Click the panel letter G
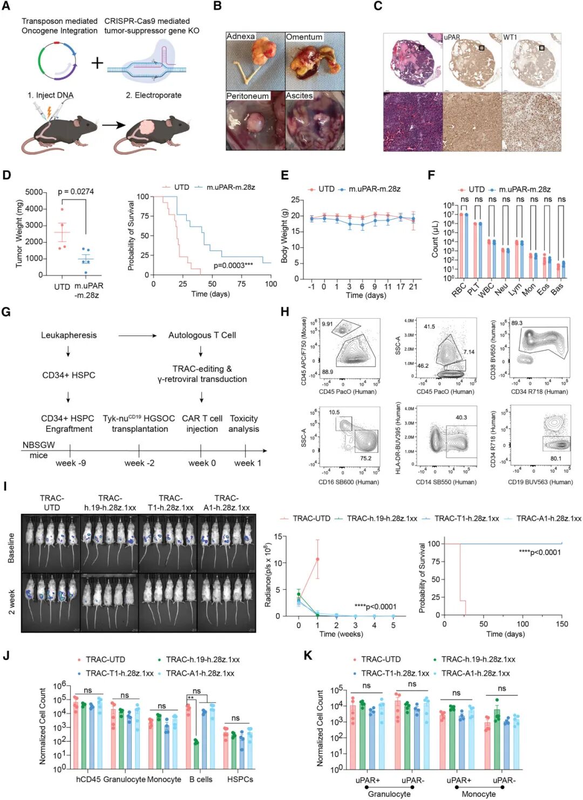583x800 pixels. pyautogui.click(x=6, y=312)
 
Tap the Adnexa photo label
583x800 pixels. pyautogui.click(x=240, y=36)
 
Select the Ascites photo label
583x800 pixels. pyautogui.click(x=299, y=96)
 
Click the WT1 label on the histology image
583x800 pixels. pyautogui.click(x=510, y=37)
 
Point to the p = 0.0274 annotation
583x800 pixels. pyautogui.click(x=76, y=191)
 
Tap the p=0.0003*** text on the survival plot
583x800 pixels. pyautogui.click(x=233, y=265)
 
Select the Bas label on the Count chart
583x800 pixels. pyautogui.click(x=557, y=288)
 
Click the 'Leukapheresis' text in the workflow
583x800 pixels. pyautogui.click(x=69, y=335)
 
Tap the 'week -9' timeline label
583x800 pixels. pyautogui.click(x=70, y=463)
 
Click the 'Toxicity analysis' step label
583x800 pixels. pyautogui.click(x=243, y=423)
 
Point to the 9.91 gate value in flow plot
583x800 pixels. pyautogui.click(x=327, y=324)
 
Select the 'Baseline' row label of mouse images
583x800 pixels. pyautogui.click(x=11, y=548)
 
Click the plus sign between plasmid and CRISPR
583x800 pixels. pyautogui.click(x=97, y=63)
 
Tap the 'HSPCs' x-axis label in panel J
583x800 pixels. pyautogui.click(x=240, y=779)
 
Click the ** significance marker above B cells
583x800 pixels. pyautogui.click(x=190, y=698)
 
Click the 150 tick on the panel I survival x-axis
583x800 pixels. pyautogui.click(x=561, y=624)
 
